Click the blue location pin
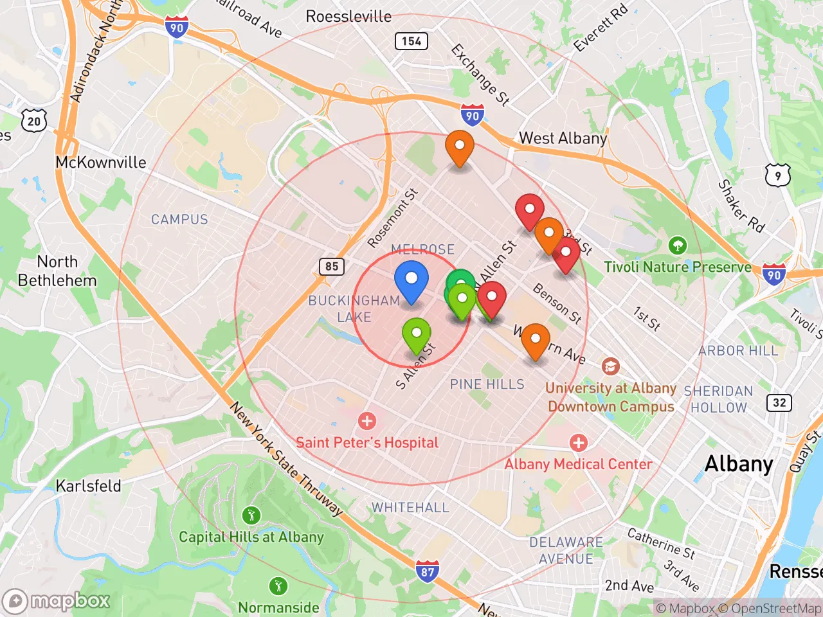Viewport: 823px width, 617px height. (411, 281)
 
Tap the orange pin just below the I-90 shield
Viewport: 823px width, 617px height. (460, 148)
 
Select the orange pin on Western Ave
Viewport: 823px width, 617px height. (535, 341)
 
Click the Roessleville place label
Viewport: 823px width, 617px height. (348, 16)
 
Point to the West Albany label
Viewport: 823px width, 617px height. (563, 138)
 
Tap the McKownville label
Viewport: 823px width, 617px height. (101, 162)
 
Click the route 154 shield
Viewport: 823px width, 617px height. (411, 42)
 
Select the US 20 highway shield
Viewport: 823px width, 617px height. (34, 121)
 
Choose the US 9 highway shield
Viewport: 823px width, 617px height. (777, 175)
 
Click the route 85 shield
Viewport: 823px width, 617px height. (332, 266)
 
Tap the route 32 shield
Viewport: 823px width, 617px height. (779, 403)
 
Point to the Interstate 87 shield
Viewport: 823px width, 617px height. (428, 571)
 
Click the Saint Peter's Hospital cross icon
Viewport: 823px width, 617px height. (367, 422)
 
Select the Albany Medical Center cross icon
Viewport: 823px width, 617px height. (578, 443)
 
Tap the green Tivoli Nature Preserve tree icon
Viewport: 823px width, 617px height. (677, 245)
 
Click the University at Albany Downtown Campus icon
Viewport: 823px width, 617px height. (610, 367)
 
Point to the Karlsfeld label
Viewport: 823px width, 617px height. (89, 486)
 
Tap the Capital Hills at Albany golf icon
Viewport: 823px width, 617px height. (251, 515)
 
